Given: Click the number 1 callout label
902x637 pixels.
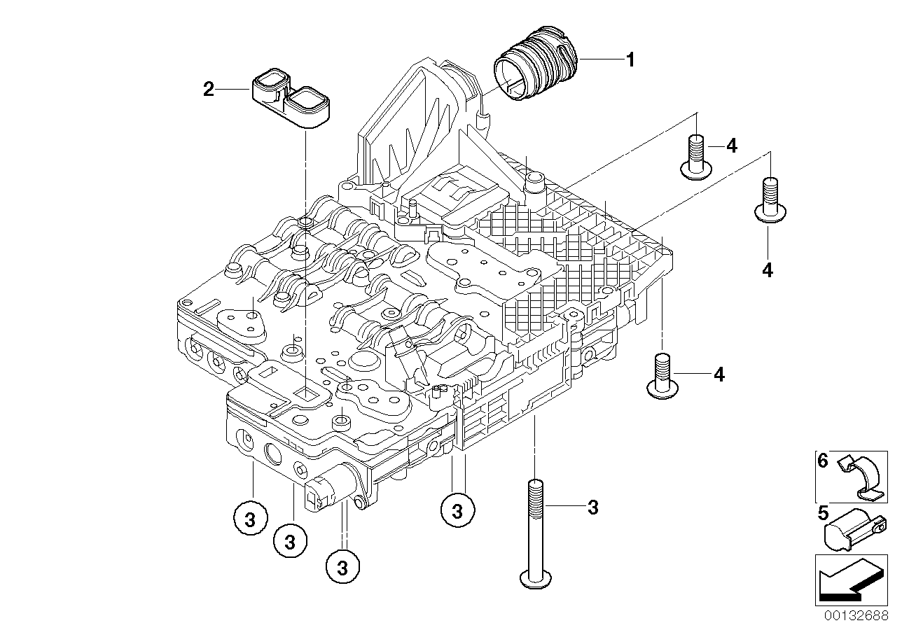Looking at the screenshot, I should (630, 60).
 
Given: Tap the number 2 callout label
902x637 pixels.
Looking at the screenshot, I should (208, 89).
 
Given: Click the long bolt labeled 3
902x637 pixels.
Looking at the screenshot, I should (536, 532).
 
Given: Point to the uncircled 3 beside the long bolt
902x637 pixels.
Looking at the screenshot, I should (592, 508).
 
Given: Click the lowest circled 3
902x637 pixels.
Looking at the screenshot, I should (342, 564).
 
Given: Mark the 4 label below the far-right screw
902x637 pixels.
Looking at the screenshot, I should (768, 270).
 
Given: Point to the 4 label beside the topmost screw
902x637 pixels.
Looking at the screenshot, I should (731, 146).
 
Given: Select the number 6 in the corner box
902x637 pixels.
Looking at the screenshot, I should (823, 461).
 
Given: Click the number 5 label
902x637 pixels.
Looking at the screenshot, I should (823, 513).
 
